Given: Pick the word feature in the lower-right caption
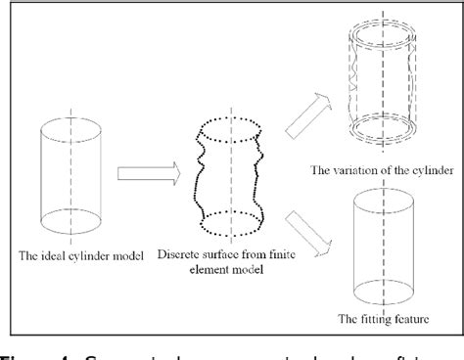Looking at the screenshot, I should [415, 318].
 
